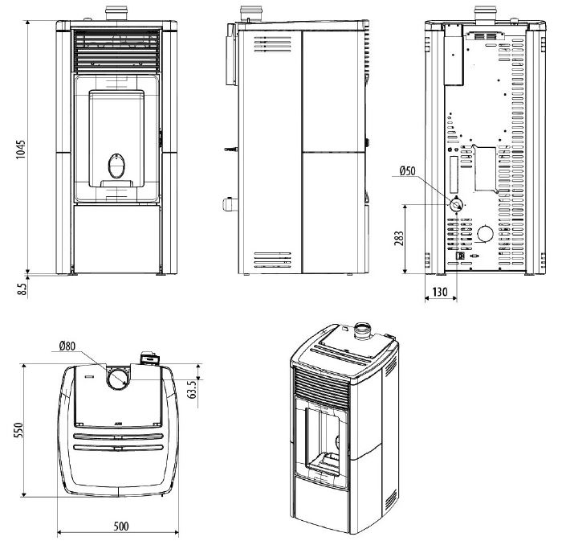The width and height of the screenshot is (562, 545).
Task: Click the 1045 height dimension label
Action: pos(21,150)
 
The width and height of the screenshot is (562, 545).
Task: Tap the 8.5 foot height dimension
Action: pos(22,289)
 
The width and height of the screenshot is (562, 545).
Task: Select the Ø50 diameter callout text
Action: pos(408,170)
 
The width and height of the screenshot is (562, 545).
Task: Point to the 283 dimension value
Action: pos(398,239)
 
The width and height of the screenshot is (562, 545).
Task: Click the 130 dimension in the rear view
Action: pos(439,292)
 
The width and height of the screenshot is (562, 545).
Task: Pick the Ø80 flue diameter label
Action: pos(67,346)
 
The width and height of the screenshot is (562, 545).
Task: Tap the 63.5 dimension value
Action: pos(192,389)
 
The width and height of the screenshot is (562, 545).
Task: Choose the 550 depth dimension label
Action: pos(18,430)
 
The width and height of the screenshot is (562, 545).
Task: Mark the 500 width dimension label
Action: pos(121,526)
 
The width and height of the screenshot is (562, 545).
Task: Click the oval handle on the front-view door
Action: pos(117,166)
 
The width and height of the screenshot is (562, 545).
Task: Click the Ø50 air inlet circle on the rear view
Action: pos(456,205)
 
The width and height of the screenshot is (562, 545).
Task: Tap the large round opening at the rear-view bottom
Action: pos(485,234)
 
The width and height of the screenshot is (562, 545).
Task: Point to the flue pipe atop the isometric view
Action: pos(363,331)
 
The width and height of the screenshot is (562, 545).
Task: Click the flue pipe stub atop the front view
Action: pos(116,14)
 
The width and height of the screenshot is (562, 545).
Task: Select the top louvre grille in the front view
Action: pos(117,51)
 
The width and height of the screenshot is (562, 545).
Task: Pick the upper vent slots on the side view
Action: pos(273,43)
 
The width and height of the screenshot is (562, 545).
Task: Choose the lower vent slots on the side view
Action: pos(272,260)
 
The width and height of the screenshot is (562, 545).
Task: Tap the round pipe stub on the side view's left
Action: pos(230,204)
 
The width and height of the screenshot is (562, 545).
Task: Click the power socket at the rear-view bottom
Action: pos(459,256)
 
